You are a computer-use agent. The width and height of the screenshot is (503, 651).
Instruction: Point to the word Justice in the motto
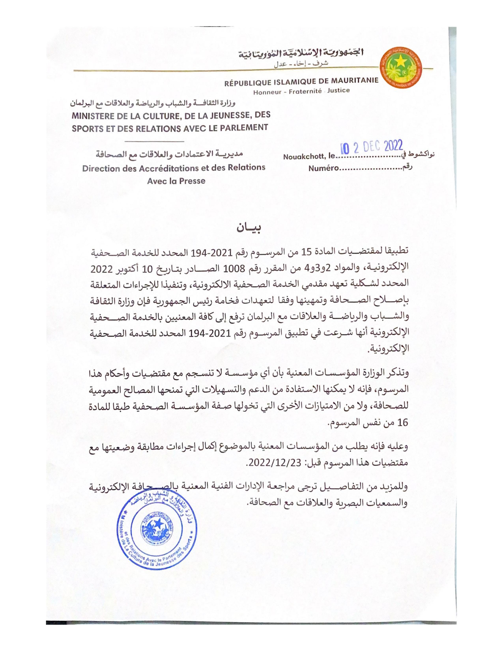tap(338, 90)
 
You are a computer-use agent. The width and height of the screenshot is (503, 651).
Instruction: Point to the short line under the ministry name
tap(155, 141)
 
